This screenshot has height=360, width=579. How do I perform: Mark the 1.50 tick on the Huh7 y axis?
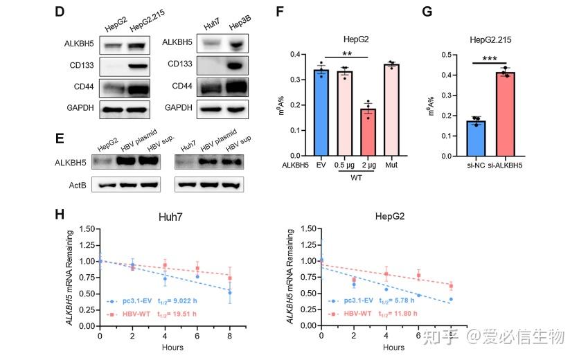(87, 226)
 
